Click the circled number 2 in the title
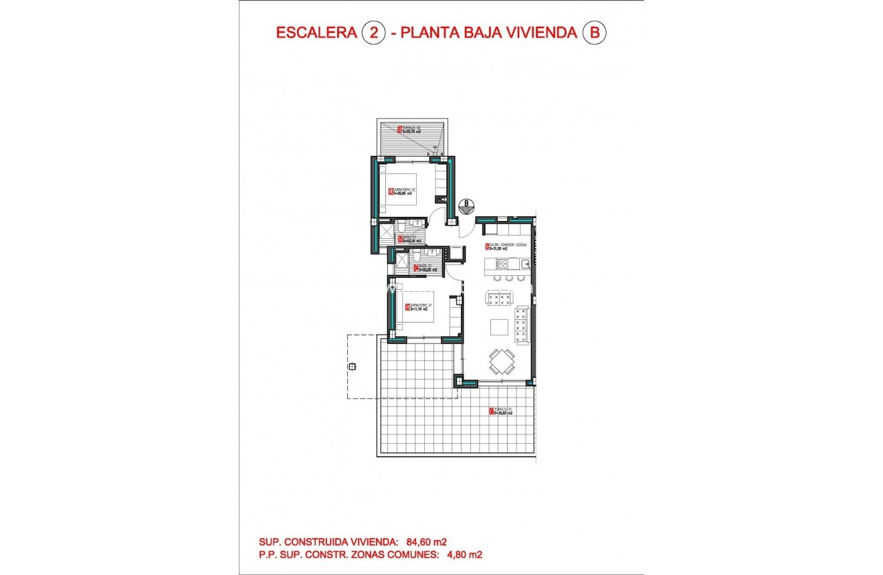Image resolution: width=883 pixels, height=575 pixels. [x=373, y=33]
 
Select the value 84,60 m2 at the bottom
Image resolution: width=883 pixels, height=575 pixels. [x=426, y=542]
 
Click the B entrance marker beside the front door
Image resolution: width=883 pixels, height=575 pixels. [x=467, y=203]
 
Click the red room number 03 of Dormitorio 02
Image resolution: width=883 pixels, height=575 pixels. [x=391, y=191]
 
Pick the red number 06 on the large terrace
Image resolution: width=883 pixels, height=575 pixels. [x=492, y=412]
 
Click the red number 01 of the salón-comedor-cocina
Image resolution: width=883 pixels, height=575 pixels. [x=487, y=246]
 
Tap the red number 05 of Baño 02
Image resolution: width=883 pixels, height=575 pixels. [x=400, y=239]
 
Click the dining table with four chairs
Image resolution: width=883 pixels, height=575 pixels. [x=501, y=361]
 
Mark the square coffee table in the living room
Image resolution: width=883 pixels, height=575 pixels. [x=499, y=327]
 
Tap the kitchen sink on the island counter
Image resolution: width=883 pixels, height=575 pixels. [x=525, y=264]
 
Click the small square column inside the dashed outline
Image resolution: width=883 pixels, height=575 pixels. [x=353, y=365]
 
